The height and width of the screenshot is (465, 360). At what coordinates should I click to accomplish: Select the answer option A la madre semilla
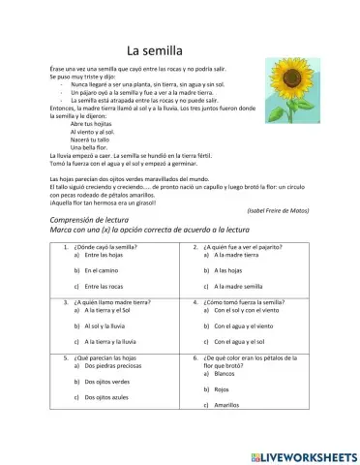tap(235, 288)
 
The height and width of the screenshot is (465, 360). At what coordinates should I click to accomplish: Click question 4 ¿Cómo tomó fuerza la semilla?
tap(245, 302)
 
